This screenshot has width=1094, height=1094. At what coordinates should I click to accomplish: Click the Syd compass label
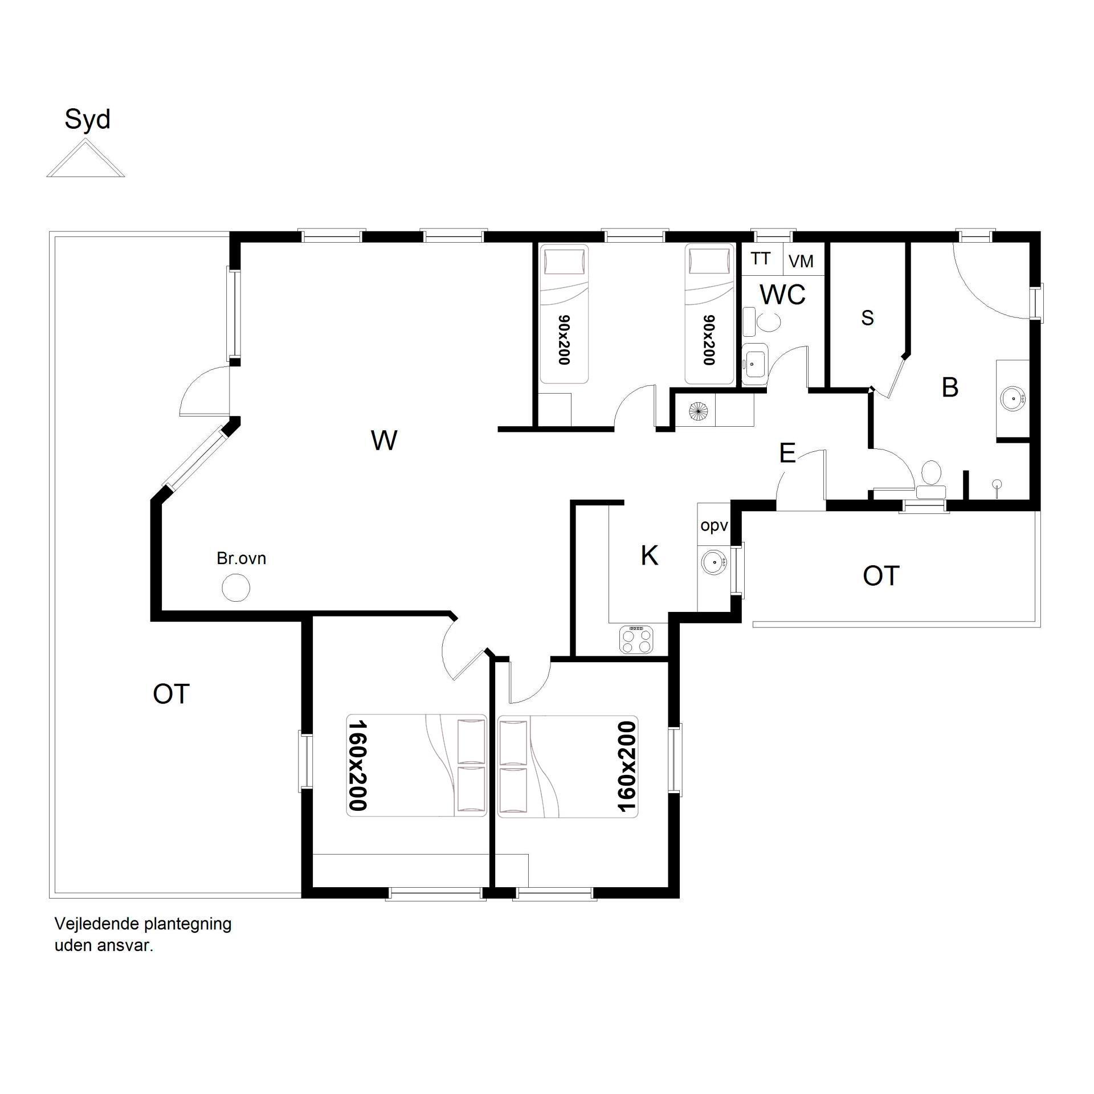87,120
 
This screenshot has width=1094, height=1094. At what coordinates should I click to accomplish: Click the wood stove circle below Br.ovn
235,587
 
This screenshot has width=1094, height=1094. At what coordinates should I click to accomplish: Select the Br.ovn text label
242,558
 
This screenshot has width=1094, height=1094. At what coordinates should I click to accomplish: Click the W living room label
384,440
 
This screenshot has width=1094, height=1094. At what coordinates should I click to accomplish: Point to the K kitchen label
650,556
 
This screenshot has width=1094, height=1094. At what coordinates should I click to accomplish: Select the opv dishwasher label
714,525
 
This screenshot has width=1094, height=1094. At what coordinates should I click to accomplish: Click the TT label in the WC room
761,259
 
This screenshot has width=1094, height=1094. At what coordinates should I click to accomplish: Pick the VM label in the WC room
801,262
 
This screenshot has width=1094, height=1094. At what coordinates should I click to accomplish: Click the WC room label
783,295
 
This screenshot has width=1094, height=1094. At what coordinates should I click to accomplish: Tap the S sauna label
867,318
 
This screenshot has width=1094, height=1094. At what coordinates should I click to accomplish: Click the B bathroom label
950,387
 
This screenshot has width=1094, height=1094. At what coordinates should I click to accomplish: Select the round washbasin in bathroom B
1013,398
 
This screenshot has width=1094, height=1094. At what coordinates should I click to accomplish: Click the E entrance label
787,454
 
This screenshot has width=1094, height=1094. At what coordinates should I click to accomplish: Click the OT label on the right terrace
881,576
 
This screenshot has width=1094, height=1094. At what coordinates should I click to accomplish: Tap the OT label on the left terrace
171,694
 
